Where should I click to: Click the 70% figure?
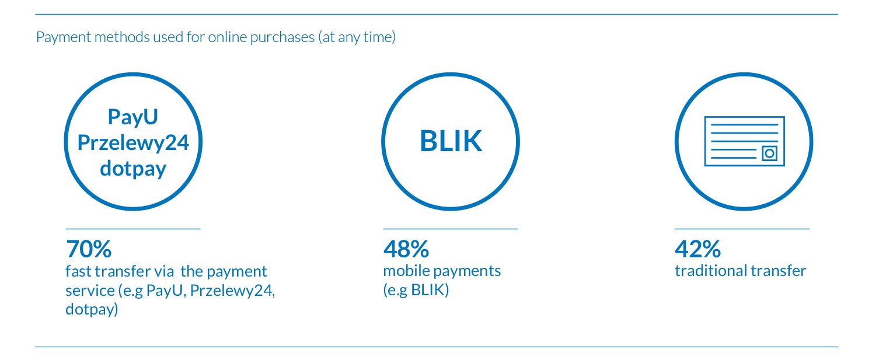coord(89,249)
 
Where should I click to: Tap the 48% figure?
coord(406,249)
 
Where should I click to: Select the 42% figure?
coord(697,249)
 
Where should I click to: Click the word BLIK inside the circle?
coord(451,141)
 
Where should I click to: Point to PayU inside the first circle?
coord(132,117)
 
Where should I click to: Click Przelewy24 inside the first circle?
coord(133,143)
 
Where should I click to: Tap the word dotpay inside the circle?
coord(133,169)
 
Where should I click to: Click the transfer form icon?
coord(744,141)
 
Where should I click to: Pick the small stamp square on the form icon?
coord(769,153)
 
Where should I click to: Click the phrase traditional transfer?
coord(740,271)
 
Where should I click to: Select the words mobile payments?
coord(442,271)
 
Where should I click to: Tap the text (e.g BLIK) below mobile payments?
coord(416,290)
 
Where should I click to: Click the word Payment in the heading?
coord(64,37)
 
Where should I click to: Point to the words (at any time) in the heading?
coord(357,37)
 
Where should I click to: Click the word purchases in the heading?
coord(282,37)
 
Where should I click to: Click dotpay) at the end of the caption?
coord(92,309)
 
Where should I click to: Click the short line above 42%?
coord(742,229)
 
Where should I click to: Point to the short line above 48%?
coord(451,229)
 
